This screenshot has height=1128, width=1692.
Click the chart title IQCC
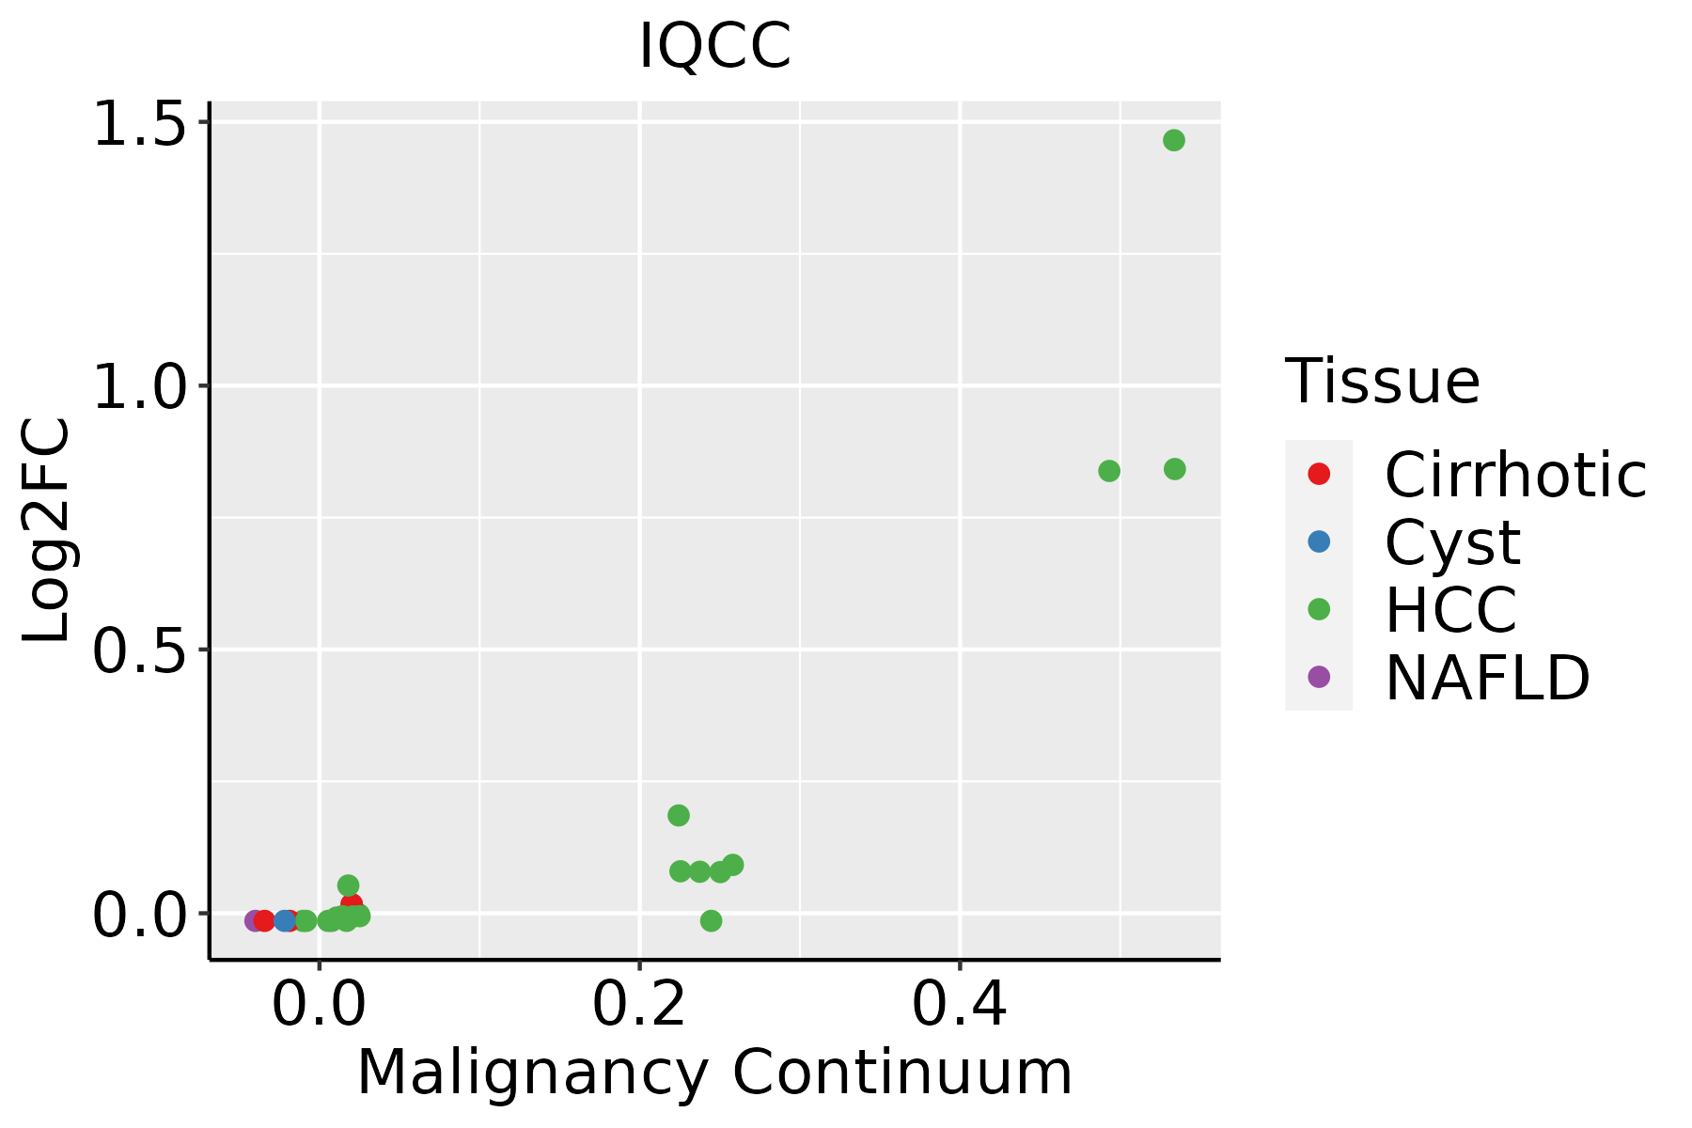(714, 47)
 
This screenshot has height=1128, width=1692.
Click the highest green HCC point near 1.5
(1173, 140)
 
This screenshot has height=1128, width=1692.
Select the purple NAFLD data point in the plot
(254, 920)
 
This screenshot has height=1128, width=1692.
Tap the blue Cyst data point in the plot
(285, 920)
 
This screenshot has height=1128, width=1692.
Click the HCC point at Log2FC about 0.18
(679, 815)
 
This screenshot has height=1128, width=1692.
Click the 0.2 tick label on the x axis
(639, 1005)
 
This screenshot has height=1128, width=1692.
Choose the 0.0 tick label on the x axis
(320, 1005)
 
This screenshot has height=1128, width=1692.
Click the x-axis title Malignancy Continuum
(714, 1073)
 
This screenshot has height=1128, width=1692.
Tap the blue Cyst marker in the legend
(1319, 541)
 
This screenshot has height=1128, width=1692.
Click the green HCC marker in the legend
(1319, 609)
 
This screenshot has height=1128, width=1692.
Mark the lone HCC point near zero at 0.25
(711, 920)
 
